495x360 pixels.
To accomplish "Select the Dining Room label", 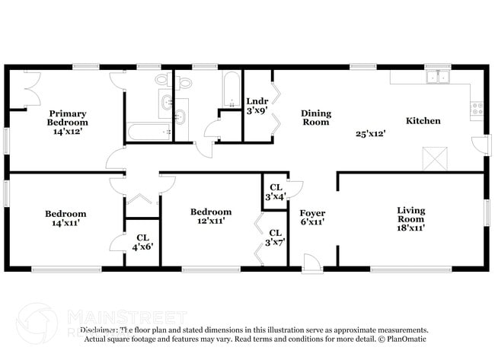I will coord(315,118).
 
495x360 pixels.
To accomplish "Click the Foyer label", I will coord(312,213).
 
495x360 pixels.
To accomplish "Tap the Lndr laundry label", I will coord(257,101).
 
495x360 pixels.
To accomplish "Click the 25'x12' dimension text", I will coord(371,134).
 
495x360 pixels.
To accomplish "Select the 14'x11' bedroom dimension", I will coord(65,223).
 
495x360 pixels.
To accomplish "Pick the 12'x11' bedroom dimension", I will coord(210,221).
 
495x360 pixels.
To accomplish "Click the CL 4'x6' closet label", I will coord(142,242).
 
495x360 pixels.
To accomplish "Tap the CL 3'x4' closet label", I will coord(276,192).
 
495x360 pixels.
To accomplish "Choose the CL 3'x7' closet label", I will coord(276,237).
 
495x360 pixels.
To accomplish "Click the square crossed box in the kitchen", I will coord(436,158).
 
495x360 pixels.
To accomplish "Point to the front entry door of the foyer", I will coord(311,263).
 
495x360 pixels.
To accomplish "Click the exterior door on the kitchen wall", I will coord(478,145).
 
